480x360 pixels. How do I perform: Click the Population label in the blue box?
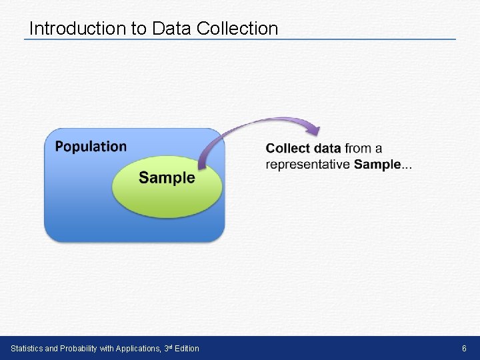(x=91, y=147)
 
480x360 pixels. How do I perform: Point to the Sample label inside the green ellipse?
(x=167, y=177)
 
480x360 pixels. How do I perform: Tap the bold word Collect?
(x=287, y=148)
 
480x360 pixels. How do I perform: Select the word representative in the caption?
(x=307, y=165)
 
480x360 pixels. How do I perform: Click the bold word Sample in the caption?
(x=377, y=165)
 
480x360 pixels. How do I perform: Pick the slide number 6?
(x=464, y=349)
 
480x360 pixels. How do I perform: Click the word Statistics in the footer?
(x=26, y=349)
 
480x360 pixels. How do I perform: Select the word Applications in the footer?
(x=138, y=349)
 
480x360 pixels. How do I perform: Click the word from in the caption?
(x=358, y=148)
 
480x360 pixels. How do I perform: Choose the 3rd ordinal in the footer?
(x=167, y=348)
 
